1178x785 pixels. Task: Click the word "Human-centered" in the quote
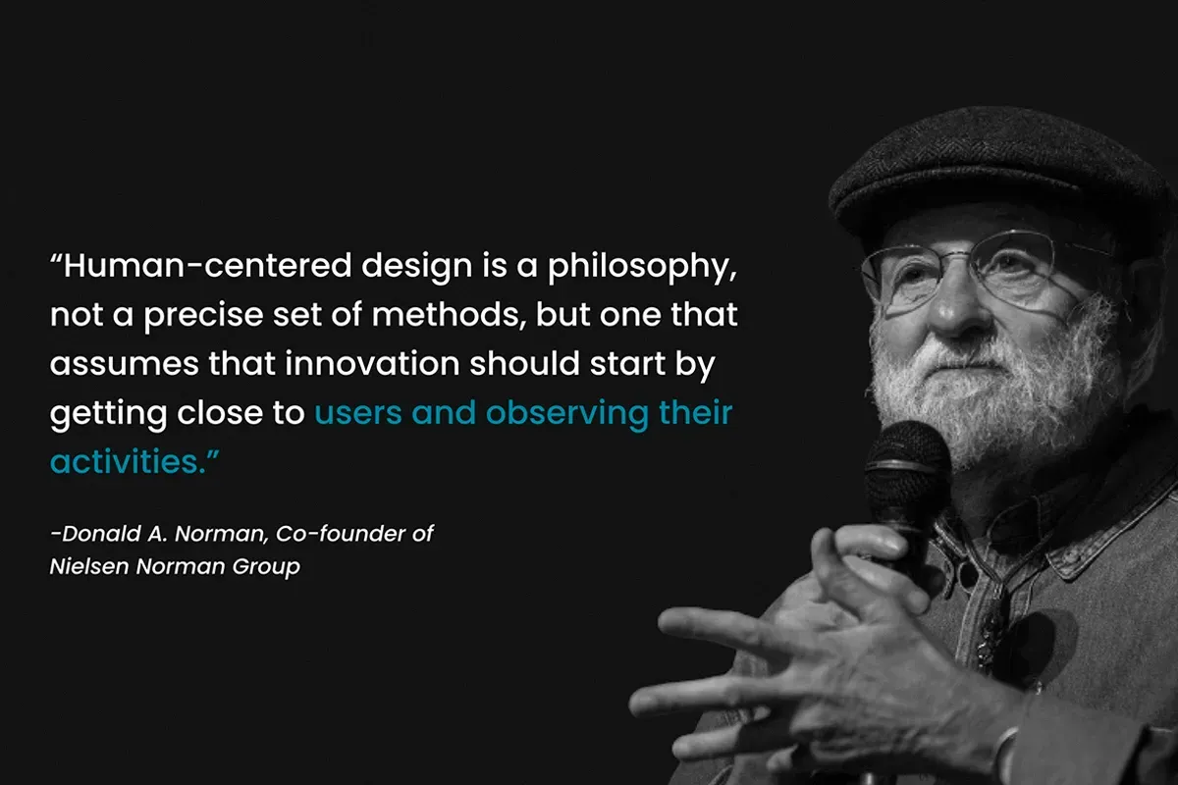pyautogui.click(x=207, y=265)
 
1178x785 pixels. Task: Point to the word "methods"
pyautogui.click(x=445, y=314)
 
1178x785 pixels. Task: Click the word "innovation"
pyautogui.click(x=372, y=363)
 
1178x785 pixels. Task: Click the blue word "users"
pyautogui.click(x=357, y=413)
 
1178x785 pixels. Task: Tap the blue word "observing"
pyautogui.click(x=567, y=414)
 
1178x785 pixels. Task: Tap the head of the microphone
pyautogui.click(x=907, y=463)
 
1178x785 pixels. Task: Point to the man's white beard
pyautogui.click(x=993, y=390)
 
